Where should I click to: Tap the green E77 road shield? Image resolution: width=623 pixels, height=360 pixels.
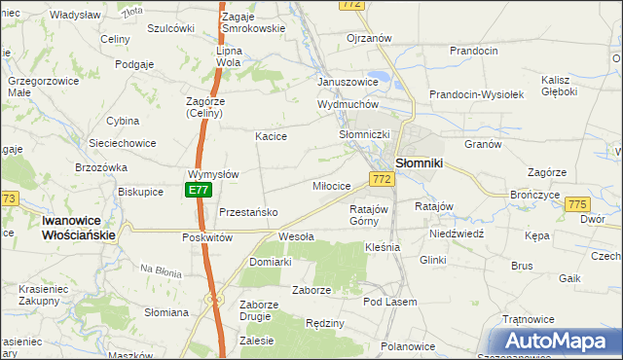199,191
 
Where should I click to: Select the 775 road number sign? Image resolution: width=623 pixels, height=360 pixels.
577,204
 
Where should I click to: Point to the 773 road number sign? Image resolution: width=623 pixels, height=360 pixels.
9,198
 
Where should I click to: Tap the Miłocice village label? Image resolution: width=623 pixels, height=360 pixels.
331,186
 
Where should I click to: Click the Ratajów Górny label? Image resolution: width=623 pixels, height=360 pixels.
369,214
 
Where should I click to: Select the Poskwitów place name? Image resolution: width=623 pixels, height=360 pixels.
206,237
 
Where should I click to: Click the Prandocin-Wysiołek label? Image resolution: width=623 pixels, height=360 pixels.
477,94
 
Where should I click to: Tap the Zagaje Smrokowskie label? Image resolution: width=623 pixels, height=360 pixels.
252,23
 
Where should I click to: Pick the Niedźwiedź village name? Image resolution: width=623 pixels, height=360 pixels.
457,234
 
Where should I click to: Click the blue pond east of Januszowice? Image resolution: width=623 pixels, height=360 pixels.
383,77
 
